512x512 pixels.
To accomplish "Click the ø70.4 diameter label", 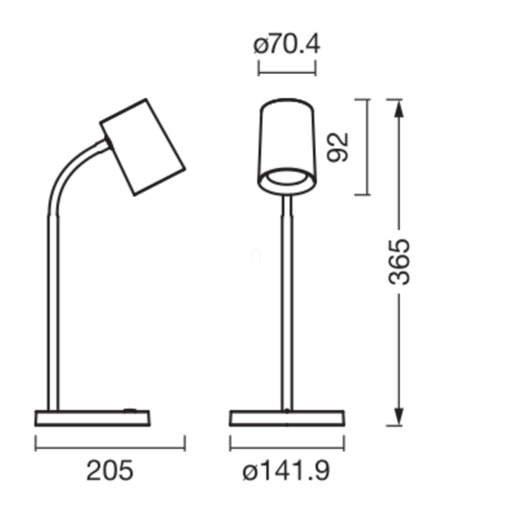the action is tap(287, 45).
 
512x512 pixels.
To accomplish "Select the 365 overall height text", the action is tap(399, 262).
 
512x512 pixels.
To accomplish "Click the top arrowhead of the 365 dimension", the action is tap(399, 108).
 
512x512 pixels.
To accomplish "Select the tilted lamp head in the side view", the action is tap(143, 147).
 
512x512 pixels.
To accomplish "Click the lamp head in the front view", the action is tap(287, 147).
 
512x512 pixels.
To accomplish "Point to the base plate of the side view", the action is tap(93, 419).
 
